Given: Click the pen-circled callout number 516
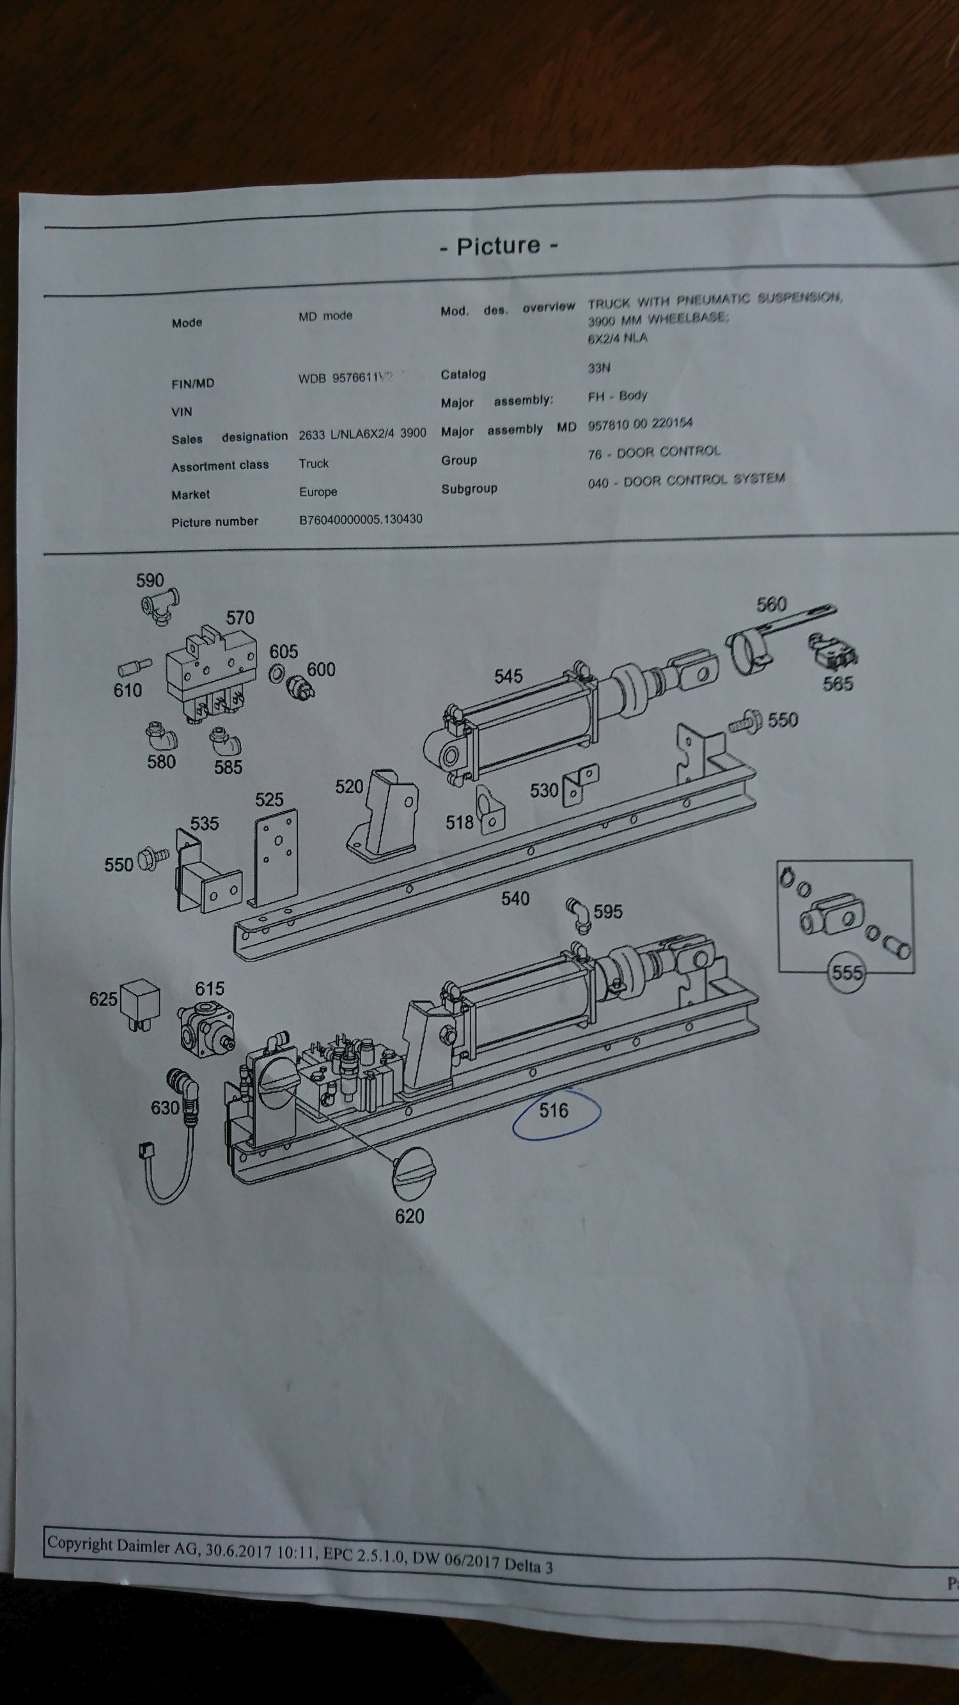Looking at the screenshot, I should (x=553, y=1110).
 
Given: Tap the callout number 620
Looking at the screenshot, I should (x=409, y=1215).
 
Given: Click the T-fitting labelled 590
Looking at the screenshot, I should (x=159, y=605).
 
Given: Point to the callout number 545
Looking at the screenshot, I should (x=508, y=676).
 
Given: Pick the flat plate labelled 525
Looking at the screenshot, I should (x=276, y=858).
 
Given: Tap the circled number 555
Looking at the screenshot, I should (x=846, y=972).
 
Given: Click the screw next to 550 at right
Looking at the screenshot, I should (x=745, y=723).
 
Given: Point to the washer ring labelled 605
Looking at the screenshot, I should (x=277, y=675).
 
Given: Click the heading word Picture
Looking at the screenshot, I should (x=499, y=245).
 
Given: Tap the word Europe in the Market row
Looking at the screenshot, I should (x=318, y=492).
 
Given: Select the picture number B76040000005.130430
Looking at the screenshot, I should (x=361, y=520).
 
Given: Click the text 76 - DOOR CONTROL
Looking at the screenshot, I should (x=653, y=452).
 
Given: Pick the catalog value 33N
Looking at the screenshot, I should (x=599, y=368).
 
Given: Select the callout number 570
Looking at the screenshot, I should (x=240, y=618).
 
